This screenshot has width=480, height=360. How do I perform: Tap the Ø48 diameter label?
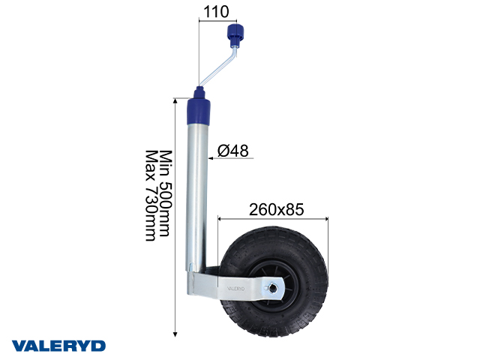tap(232, 151)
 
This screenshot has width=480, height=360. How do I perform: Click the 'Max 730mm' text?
tap(150, 195)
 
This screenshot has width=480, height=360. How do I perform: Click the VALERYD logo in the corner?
tap(58, 345)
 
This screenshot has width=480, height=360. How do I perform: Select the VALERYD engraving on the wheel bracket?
tap(235, 286)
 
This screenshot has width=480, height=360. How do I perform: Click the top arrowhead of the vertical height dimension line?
tap(175, 100)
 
